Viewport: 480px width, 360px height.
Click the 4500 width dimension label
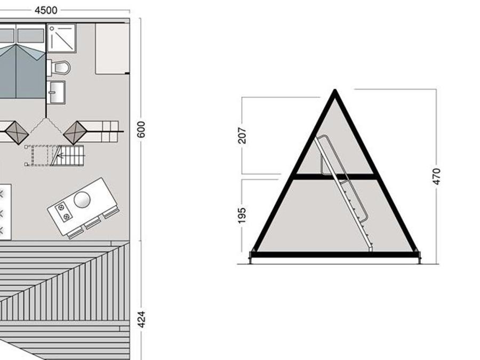[x=46, y=11]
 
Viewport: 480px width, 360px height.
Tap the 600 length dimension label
[x=141, y=130]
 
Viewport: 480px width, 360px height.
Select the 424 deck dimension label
[x=141, y=319]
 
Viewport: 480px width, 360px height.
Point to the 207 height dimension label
[x=242, y=135]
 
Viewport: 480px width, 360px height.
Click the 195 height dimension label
[x=242, y=215]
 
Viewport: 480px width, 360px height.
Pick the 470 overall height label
[x=436, y=177]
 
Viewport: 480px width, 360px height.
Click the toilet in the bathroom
[x=59, y=68]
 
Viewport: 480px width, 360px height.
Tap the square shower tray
[x=61, y=38]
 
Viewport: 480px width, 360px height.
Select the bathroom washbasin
[x=57, y=92]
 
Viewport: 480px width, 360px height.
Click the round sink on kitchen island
[x=82, y=199]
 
